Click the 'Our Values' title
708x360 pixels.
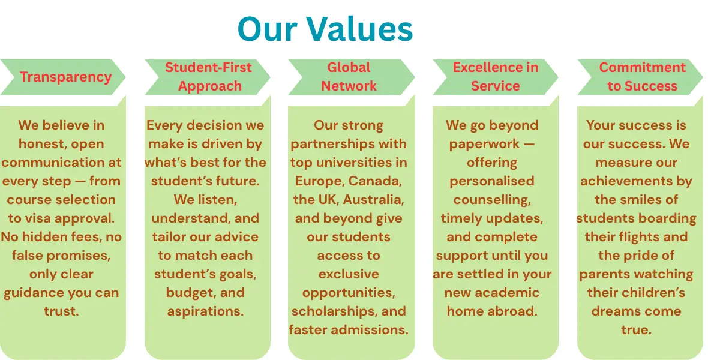(325, 29)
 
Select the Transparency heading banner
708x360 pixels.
(63, 77)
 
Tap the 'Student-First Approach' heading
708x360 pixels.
(209, 77)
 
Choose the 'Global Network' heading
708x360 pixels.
(349, 77)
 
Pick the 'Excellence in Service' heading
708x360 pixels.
(496, 77)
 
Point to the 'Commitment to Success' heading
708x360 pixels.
(642, 77)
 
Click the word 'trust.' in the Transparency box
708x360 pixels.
(61, 311)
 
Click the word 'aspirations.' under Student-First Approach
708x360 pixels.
(205, 311)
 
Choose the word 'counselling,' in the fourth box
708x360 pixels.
(492, 200)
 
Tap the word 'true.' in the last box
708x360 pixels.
(636, 330)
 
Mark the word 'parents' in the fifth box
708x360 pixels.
(605, 275)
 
